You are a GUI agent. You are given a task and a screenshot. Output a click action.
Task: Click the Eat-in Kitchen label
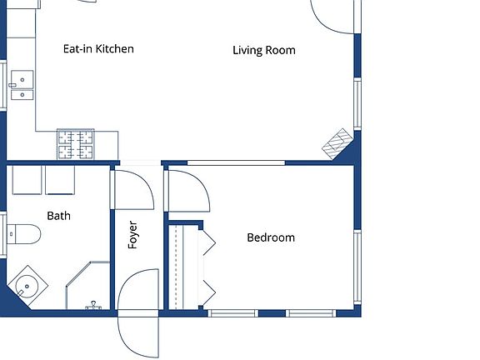tap(98, 49)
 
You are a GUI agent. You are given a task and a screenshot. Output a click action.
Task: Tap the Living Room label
tap(264, 50)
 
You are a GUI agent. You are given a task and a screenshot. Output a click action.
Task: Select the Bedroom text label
tap(271, 237)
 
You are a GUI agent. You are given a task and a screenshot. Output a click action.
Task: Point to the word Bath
tap(59, 216)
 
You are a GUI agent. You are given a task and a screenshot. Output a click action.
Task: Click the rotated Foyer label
tap(132, 235)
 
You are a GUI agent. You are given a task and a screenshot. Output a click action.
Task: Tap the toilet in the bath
tap(23, 234)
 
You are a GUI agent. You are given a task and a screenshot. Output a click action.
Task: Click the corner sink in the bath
tap(27, 287)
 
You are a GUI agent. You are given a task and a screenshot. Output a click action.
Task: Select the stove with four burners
tap(76, 144)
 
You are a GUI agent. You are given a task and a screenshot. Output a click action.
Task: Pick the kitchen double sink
tap(22, 85)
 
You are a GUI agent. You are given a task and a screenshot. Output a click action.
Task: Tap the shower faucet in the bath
tap(93, 306)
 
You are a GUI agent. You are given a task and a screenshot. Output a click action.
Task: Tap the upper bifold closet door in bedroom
tap(209, 242)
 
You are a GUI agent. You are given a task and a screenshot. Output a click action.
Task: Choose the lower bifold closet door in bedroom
tap(209, 292)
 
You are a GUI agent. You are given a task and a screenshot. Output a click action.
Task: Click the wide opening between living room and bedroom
tap(236, 162)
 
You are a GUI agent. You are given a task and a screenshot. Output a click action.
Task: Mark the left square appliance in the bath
tap(27, 180)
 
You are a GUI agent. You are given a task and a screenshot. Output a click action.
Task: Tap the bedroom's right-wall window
tap(357, 267)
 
